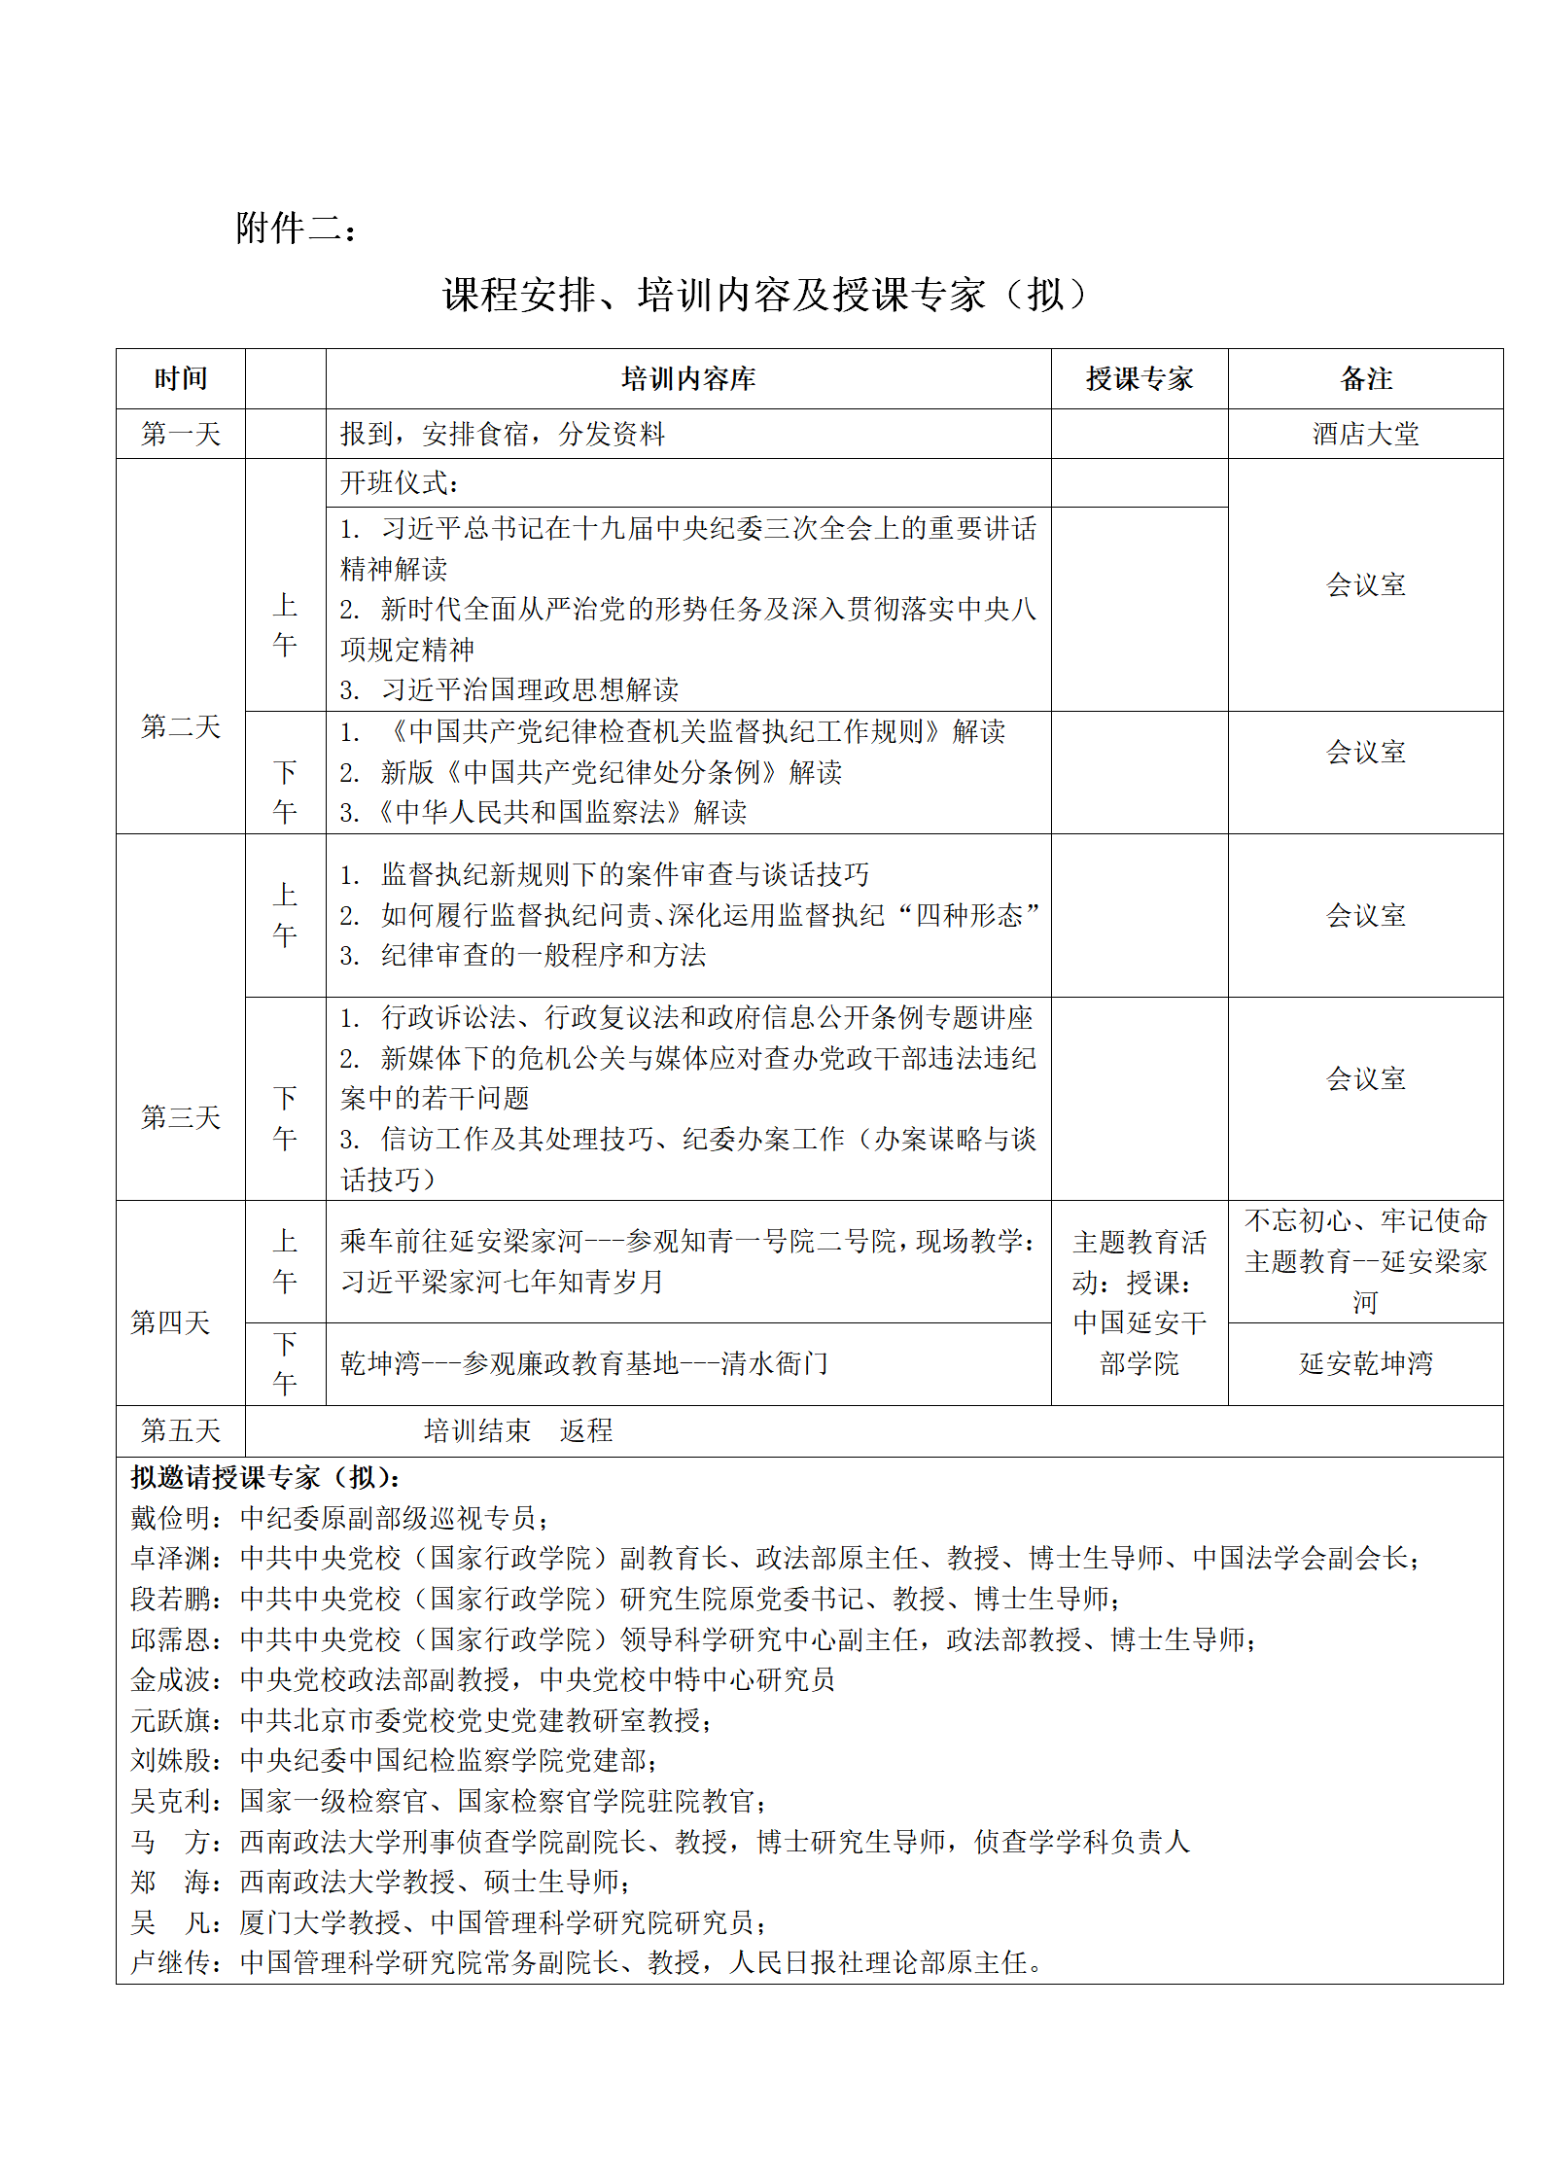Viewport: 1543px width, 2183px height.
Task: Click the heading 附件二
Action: (296, 229)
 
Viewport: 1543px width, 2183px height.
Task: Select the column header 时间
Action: (181, 379)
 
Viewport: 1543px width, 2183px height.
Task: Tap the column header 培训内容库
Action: (688, 379)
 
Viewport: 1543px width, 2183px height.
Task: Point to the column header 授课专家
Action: (1139, 379)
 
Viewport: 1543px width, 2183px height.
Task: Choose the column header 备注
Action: (1365, 379)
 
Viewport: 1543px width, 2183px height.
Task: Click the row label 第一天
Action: (181, 434)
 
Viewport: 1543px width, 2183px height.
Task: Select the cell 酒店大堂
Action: (1365, 434)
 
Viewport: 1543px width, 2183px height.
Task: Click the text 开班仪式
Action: (399, 483)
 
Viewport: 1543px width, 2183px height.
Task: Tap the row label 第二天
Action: (181, 726)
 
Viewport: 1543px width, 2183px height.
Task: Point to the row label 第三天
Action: (181, 1117)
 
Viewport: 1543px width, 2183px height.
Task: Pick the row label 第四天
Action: (171, 1322)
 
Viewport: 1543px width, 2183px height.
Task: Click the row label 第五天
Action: (181, 1430)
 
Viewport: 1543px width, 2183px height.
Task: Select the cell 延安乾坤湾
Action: (1365, 1363)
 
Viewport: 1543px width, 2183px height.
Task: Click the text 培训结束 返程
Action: (518, 1430)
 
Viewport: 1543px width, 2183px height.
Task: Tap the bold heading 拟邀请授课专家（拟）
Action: (265, 1478)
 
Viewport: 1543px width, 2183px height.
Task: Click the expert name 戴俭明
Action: (171, 1518)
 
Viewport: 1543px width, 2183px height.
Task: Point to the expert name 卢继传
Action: (171, 1962)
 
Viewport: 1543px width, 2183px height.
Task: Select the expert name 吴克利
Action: (171, 1801)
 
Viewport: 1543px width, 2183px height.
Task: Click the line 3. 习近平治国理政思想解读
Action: (509, 689)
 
